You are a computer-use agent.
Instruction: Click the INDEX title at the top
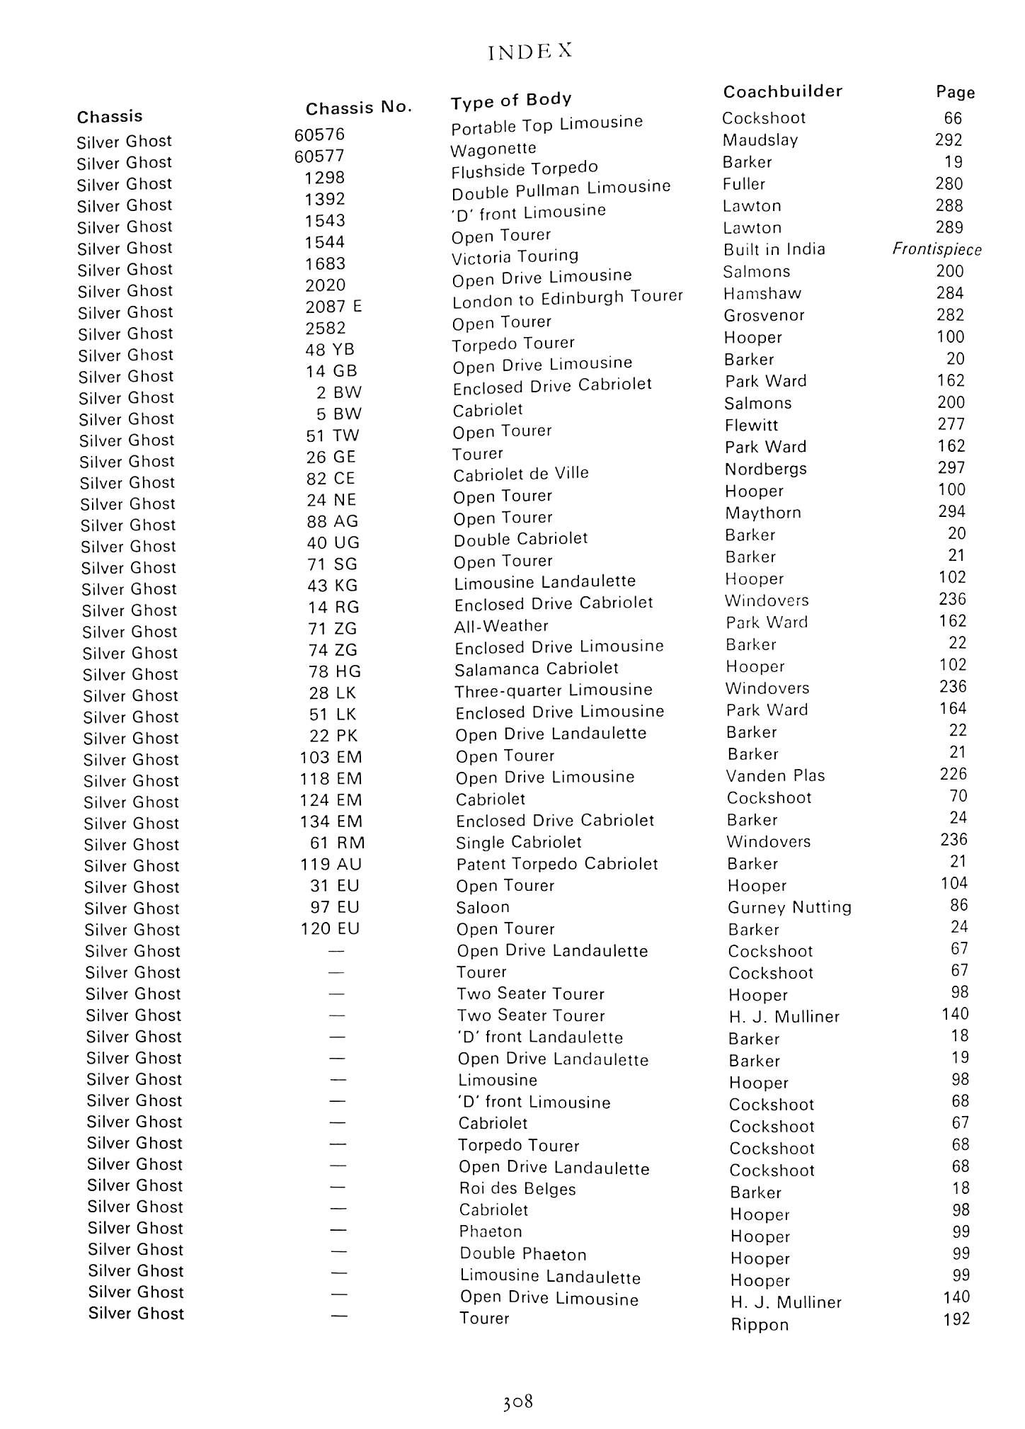pos(529,52)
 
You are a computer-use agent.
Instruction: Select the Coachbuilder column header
pos(782,91)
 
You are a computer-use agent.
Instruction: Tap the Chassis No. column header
pos(358,108)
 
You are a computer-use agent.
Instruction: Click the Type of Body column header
pos(511,101)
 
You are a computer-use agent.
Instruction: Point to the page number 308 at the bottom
pos(517,1401)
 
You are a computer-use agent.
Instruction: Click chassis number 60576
pos(320,135)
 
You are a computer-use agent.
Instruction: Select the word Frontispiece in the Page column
pos(937,249)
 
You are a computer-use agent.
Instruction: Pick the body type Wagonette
pos(493,149)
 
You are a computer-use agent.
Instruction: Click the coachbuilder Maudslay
pos(760,140)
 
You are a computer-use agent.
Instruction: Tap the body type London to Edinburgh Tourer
pos(568,299)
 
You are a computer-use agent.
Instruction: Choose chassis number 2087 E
pos(333,307)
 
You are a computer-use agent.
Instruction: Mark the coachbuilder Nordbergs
pos(765,469)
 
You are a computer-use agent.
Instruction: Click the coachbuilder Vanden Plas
pos(775,776)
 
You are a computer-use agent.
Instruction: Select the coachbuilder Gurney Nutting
pos(789,908)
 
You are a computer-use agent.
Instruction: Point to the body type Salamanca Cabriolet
pos(537,668)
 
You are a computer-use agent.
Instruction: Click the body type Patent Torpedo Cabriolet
pos(557,864)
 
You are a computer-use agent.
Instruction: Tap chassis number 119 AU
pos(331,865)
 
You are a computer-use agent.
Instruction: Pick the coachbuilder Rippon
pos(760,1325)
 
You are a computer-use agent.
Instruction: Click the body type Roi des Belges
pos(517,1189)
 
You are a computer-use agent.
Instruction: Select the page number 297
pos(951,468)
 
